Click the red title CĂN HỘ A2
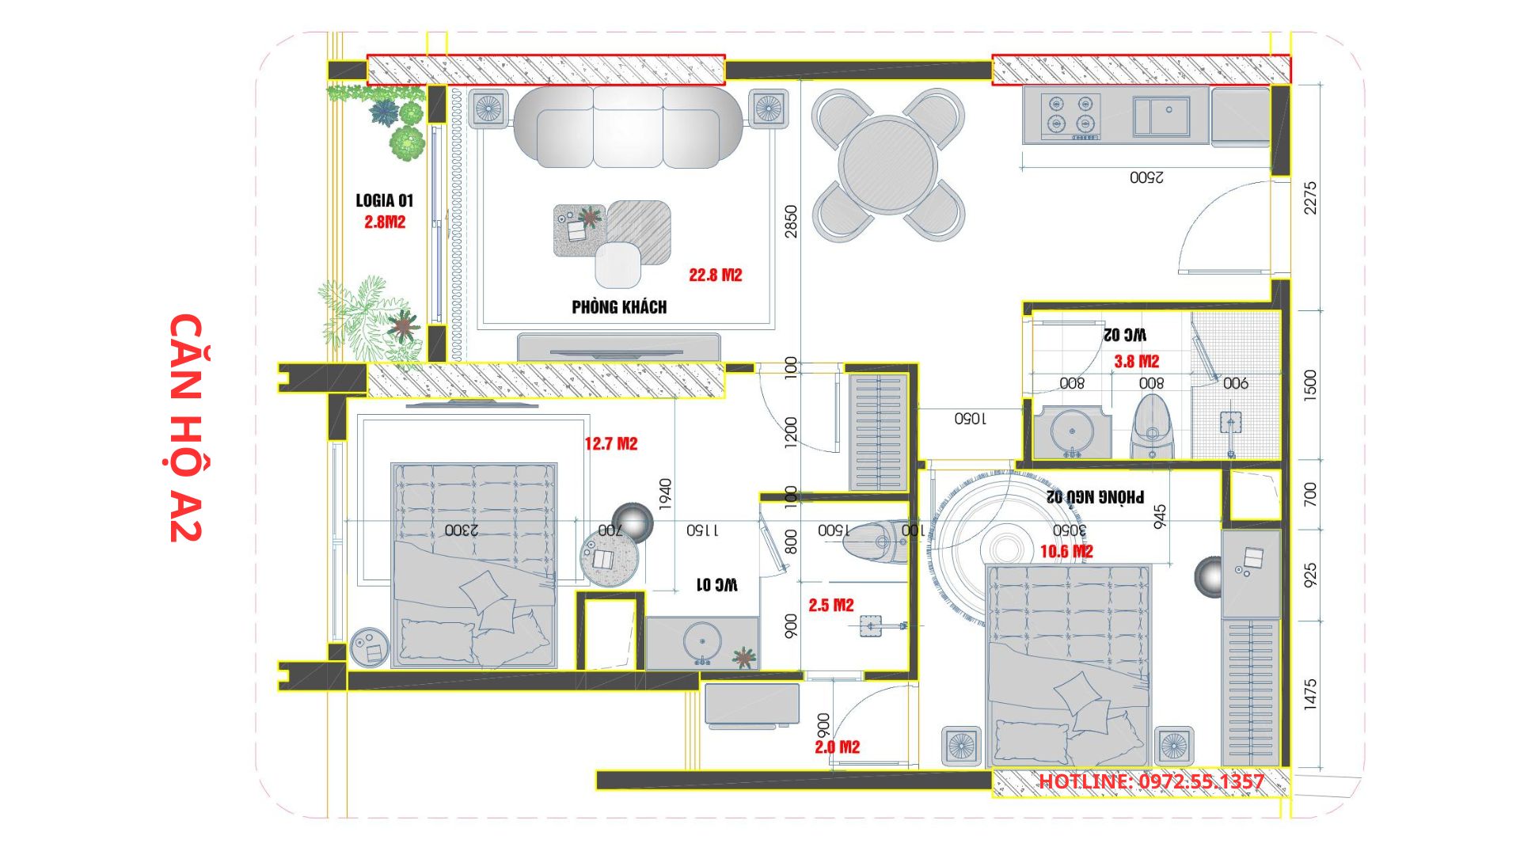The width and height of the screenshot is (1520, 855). tap(187, 427)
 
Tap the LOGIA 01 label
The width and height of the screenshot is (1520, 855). tap(384, 201)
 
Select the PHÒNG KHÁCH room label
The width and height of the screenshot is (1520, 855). tap(619, 307)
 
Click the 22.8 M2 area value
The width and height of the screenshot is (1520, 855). tap(716, 275)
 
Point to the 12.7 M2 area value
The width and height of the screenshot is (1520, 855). tap(611, 443)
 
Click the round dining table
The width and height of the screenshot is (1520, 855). tap(888, 165)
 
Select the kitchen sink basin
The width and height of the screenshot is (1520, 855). tap(1161, 116)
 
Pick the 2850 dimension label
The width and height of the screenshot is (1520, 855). tap(791, 222)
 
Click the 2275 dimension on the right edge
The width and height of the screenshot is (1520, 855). tap(1310, 198)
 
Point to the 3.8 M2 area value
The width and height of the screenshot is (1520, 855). tap(1137, 362)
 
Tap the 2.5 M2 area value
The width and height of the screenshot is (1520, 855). tap(831, 605)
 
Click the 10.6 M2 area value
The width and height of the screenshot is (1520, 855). tap(1067, 551)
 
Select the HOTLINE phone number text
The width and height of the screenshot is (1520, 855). tap(1151, 781)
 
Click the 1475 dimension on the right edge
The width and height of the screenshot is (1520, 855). tap(1310, 693)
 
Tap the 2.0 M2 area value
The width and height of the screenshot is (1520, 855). tap(838, 747)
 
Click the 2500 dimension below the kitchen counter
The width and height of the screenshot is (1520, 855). tap(1146, 177)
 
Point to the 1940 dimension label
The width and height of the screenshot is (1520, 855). tap(665, 494)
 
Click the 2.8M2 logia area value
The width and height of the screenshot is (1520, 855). tap(385, 222)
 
